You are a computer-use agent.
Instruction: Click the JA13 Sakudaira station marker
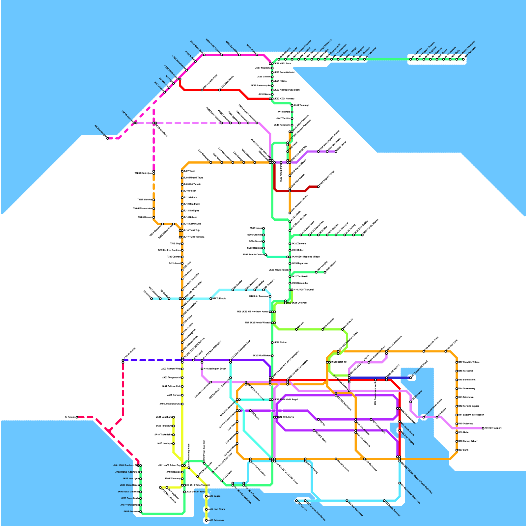pos(207,520)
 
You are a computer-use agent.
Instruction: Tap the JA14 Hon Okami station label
pos(217,509)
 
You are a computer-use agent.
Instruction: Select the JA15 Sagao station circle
pos(207,496)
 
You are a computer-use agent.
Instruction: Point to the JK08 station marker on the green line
pos(141,512)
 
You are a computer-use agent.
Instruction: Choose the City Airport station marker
pos(483,428)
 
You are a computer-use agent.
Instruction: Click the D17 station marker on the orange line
pos(457,362)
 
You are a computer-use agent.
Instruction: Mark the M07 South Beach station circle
pos(400,422)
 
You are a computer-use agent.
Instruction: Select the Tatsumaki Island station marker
pos(411,378)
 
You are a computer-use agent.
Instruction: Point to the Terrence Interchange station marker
pos(305,501)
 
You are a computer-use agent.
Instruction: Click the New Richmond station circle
pos(347,501)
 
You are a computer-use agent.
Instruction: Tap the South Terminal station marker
pos(384,501)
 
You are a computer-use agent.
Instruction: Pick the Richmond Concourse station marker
pos(400,483)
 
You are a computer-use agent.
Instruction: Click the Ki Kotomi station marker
pos(77,417)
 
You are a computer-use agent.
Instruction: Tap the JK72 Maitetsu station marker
pos(365,59)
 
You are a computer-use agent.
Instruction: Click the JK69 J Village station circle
pos(345,59)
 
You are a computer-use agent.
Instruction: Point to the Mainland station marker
pos(411,402)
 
